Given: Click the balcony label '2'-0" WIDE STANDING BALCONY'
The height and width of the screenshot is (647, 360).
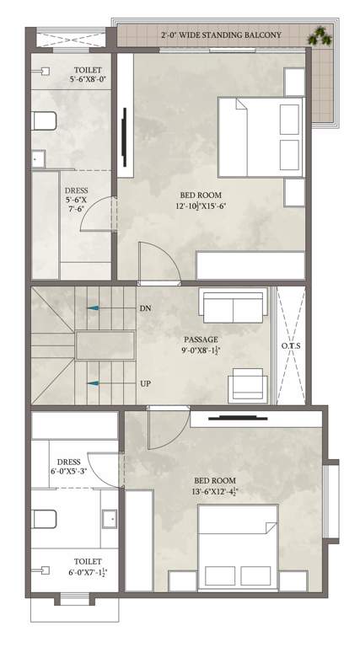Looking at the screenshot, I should (221, 35).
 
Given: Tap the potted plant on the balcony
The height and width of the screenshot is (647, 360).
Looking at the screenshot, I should (320, 35).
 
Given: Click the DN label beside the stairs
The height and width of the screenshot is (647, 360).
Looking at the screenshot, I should (144, 309).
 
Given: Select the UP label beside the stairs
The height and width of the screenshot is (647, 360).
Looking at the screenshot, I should (145, 383).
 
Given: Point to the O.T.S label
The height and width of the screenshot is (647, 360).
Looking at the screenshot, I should (291, 347).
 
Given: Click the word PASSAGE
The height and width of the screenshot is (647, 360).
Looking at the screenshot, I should (200, 340).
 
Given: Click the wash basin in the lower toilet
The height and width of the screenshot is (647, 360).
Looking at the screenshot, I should (110, 518).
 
